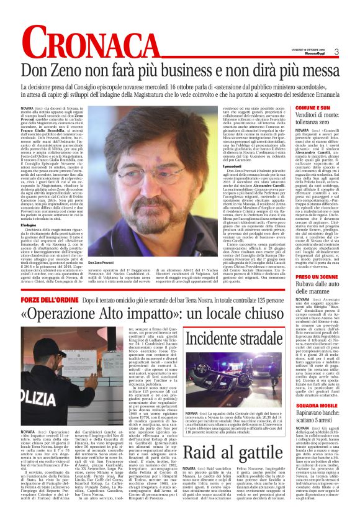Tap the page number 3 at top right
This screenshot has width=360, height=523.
click(x=336, y=52)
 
